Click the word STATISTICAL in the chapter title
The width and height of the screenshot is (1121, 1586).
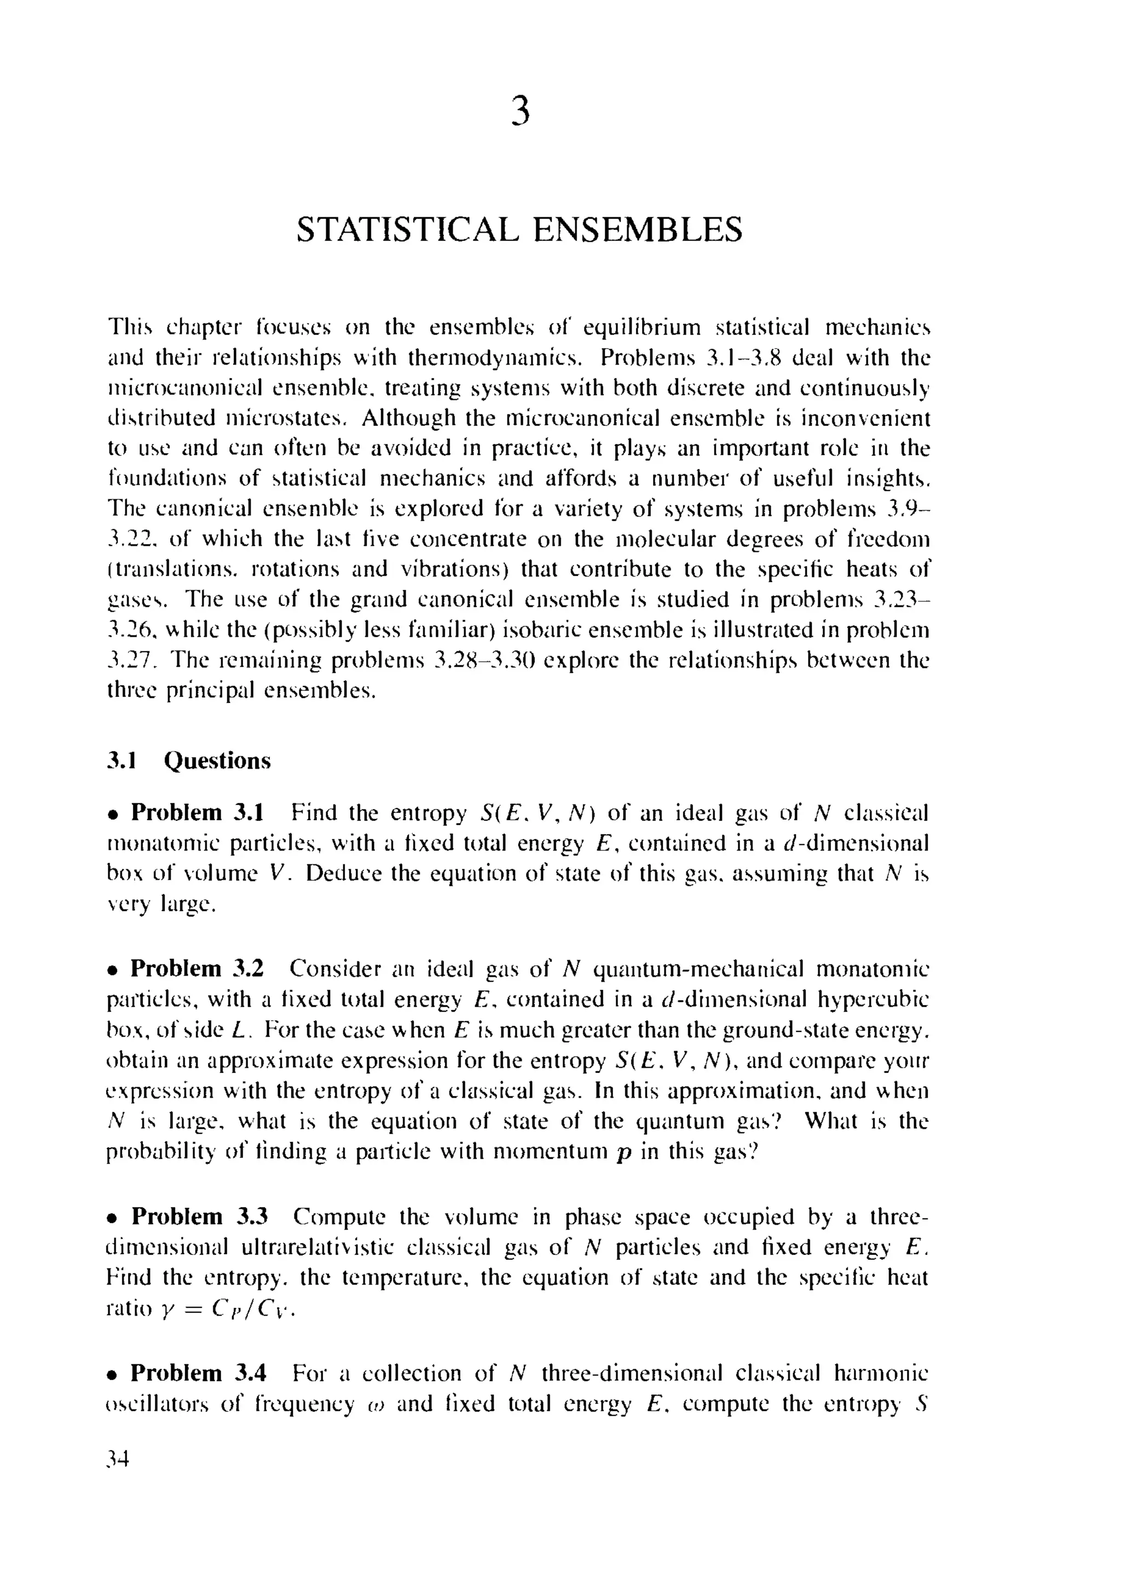(x=407, y=230)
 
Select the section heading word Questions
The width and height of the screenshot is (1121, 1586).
(x=217, y=760)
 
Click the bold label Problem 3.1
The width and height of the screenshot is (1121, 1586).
(x=197, y=812)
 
